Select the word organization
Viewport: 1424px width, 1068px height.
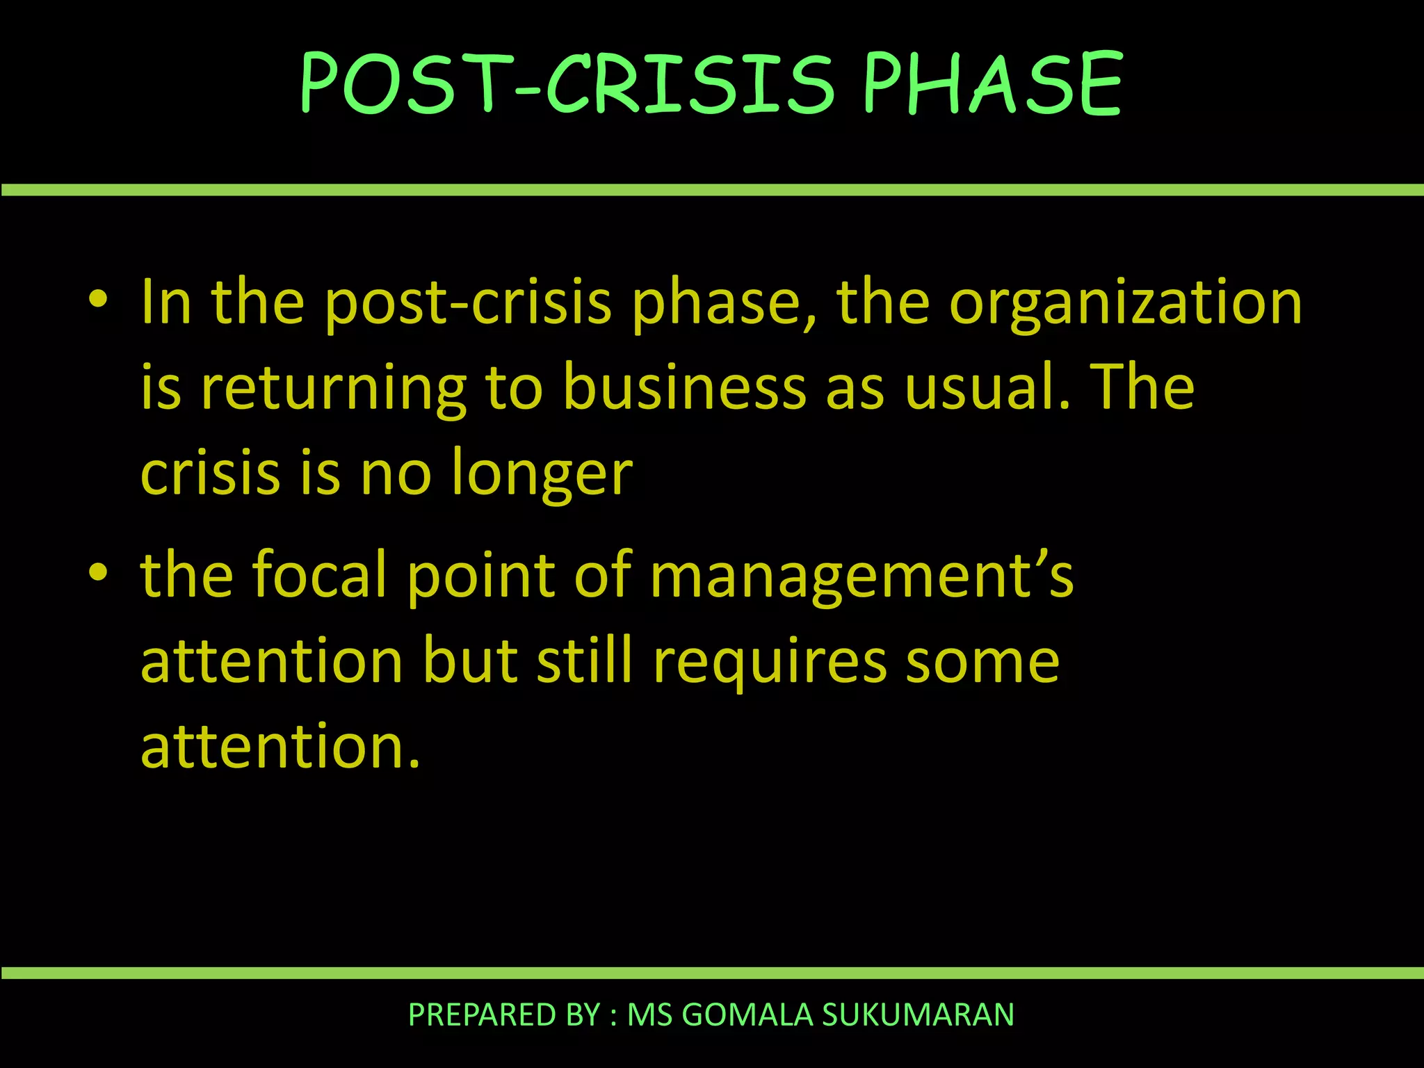(1126, 304)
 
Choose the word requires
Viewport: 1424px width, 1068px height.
(770, 663)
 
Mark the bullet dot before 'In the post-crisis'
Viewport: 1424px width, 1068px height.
(98, 300)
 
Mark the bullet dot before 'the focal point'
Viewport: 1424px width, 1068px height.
(98, 573)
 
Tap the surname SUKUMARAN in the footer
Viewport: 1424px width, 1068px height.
(918, 1015)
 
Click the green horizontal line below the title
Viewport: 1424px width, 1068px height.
(712, 190)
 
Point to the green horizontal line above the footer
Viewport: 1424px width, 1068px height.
(712, 973)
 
